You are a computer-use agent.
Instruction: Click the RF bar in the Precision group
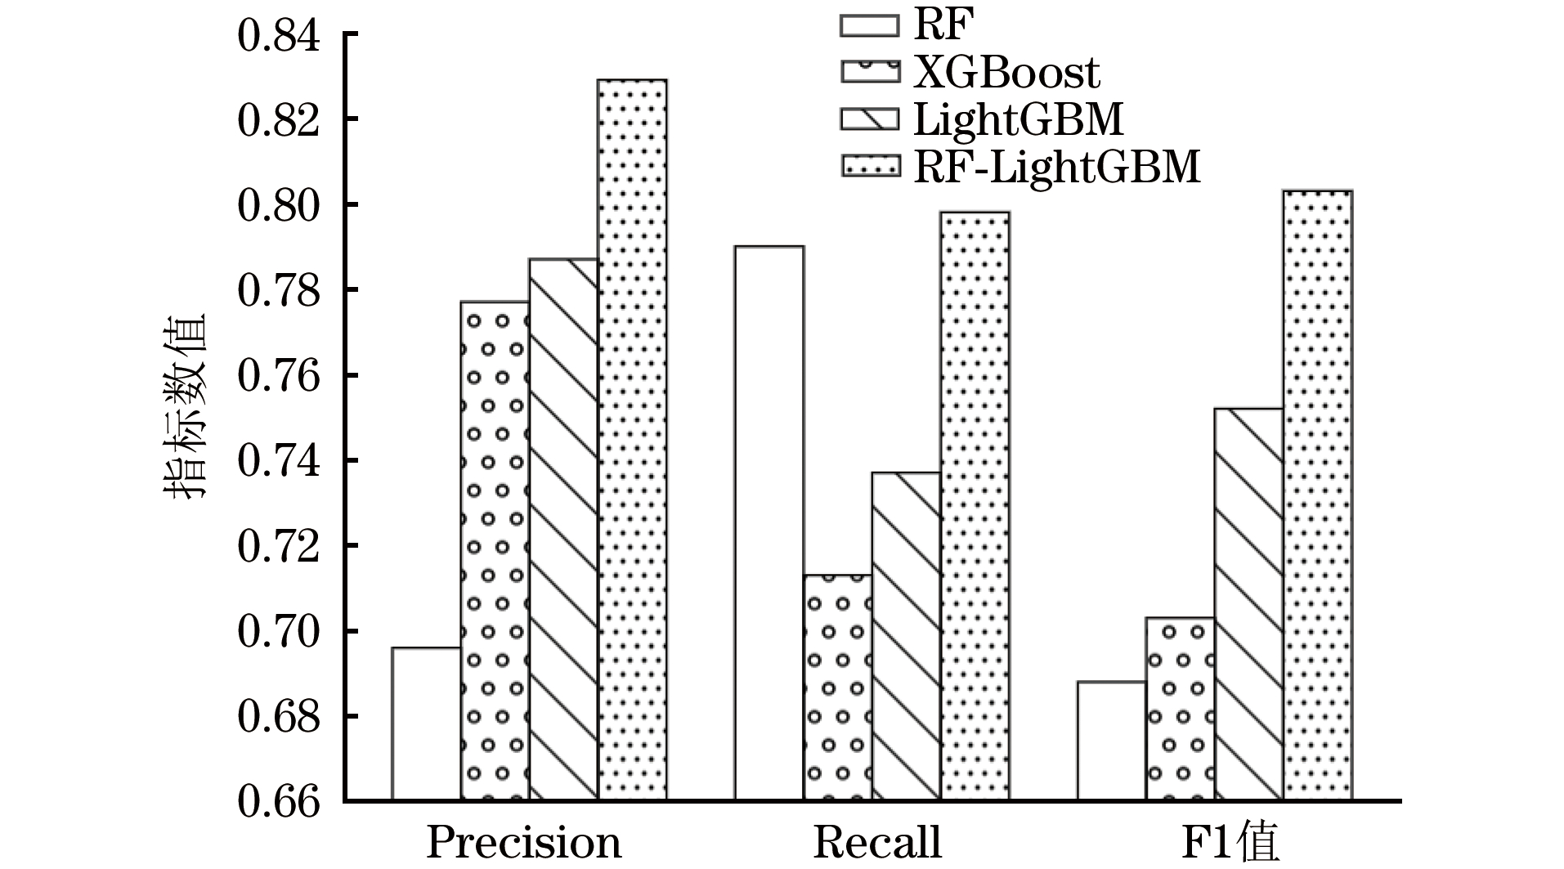426,723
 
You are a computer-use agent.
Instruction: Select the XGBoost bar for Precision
495,550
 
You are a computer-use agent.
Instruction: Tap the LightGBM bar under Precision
563,529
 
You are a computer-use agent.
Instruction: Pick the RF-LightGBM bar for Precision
632,439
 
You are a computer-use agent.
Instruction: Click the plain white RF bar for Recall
769,522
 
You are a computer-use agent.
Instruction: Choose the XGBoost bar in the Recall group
837,687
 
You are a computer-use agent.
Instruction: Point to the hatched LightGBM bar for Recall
906,636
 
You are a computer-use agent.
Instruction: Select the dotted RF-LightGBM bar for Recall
975,505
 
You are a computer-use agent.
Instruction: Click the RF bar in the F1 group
1111,741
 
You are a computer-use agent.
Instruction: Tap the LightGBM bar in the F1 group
1248,604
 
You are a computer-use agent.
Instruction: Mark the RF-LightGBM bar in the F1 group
1317,495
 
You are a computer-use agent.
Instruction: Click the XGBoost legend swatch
869,71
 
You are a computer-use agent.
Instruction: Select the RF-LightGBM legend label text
1056,166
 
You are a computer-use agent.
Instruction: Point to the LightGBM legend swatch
869,119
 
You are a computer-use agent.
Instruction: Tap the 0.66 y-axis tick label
279,802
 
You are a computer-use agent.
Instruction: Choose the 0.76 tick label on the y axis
279,376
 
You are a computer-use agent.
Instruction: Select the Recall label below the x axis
877,842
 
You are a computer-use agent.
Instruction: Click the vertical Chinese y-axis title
186,406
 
